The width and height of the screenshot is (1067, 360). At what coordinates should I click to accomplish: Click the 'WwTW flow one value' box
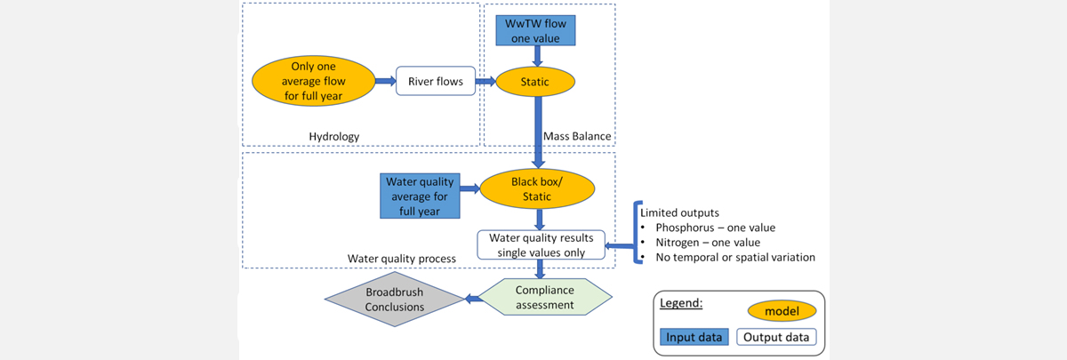point(536,32)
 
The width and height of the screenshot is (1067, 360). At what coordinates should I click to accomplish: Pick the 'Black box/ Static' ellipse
point(537,188)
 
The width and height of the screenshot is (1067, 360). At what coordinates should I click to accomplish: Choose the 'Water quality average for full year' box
point(420,196)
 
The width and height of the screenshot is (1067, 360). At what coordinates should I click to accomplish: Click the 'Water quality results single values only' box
point(542,245)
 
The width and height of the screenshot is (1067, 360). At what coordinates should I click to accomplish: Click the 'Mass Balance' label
point(582,137)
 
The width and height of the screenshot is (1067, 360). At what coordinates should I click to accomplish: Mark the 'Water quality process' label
point(402,258)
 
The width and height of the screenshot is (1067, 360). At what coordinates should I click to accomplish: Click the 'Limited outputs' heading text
point(681,213)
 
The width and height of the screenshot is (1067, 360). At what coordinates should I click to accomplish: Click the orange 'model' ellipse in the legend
point(782,311)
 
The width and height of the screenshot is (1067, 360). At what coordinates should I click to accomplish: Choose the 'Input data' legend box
point(694,337)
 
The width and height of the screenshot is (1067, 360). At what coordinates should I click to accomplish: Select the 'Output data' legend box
point(776,337)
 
